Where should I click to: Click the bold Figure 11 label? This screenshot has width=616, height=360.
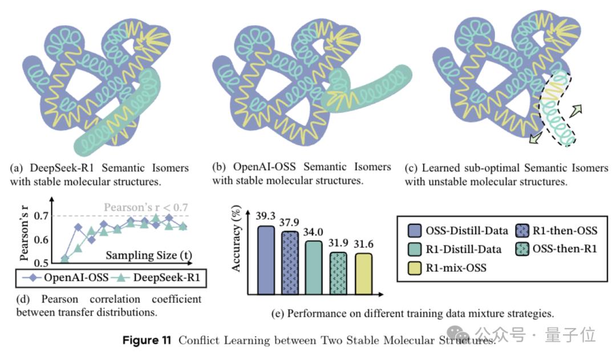[147, 341]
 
